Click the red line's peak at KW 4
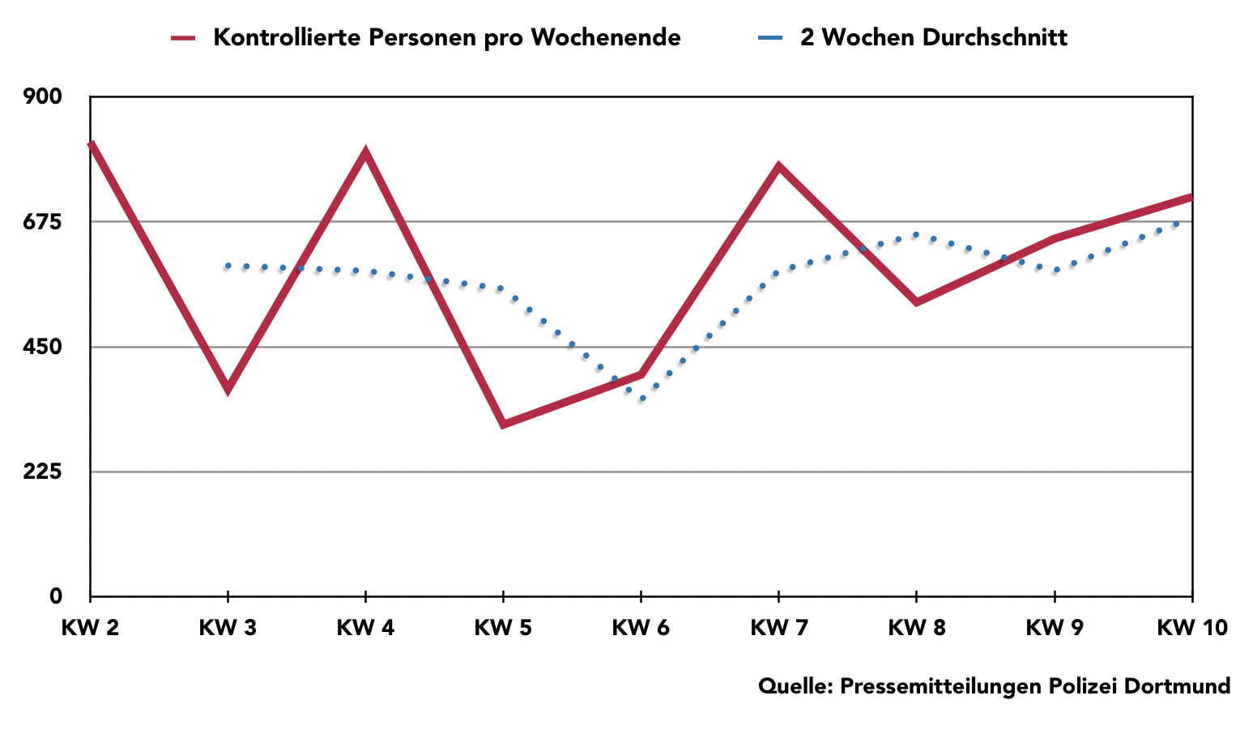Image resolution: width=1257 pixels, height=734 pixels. coord(366,152)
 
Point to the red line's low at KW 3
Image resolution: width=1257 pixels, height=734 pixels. coord(228,388)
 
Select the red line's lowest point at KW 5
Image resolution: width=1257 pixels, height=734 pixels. coord(503,424)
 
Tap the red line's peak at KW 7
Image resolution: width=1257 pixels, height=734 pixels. coord(778,167)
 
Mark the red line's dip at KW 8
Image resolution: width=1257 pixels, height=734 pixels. coord(916,302)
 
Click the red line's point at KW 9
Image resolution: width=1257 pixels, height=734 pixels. coord(1055,238)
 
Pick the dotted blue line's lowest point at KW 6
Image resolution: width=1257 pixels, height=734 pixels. coord(641,399)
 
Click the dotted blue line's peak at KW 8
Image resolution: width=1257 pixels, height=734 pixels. coord(916,235)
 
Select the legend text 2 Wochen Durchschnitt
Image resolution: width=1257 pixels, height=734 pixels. coord(934,37)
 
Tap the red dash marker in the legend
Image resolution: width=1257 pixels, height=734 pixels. coord(184,38)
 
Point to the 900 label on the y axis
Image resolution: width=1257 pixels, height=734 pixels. coord(43,96)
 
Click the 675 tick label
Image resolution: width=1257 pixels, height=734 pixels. coord(43,222)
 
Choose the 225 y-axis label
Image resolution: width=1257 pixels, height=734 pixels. coord(43,472)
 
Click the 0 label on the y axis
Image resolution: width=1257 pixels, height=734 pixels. coord(56,596)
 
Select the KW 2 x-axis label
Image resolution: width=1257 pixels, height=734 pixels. coord(90,628)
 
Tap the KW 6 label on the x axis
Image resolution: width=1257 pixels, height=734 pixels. coord(641,628)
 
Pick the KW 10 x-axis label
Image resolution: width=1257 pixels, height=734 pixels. coord(1191,628)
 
